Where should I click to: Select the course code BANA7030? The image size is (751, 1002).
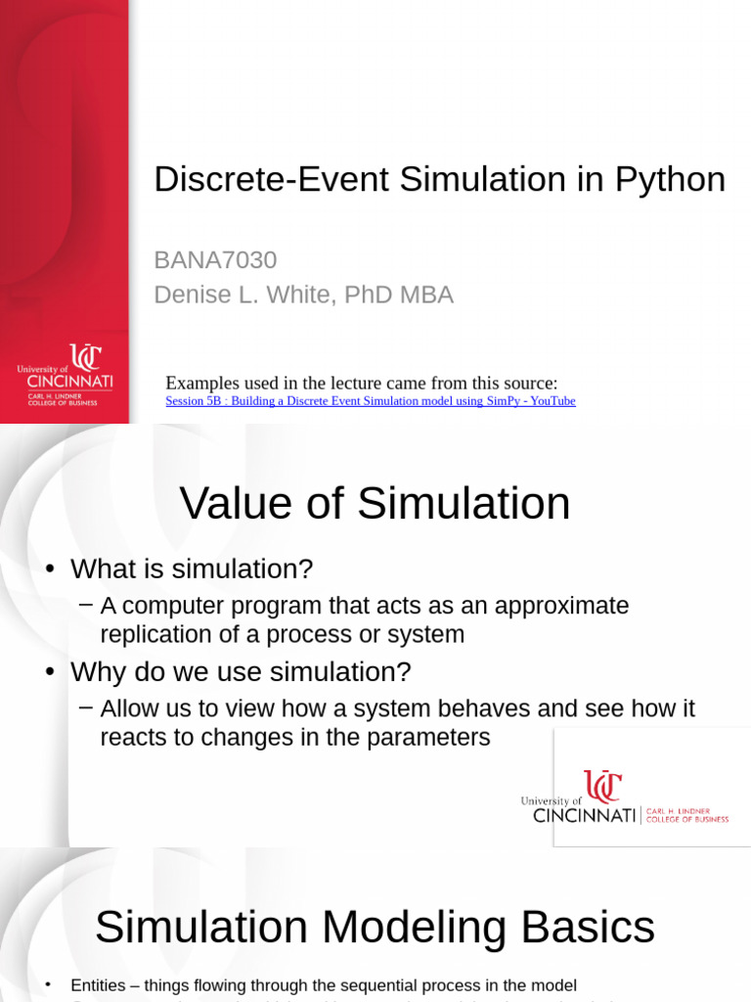215,260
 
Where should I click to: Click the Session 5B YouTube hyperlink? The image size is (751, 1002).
371,401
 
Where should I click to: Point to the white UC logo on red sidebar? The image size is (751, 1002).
85,358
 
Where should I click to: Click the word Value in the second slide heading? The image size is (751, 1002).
236,504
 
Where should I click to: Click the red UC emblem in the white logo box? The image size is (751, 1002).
602,787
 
